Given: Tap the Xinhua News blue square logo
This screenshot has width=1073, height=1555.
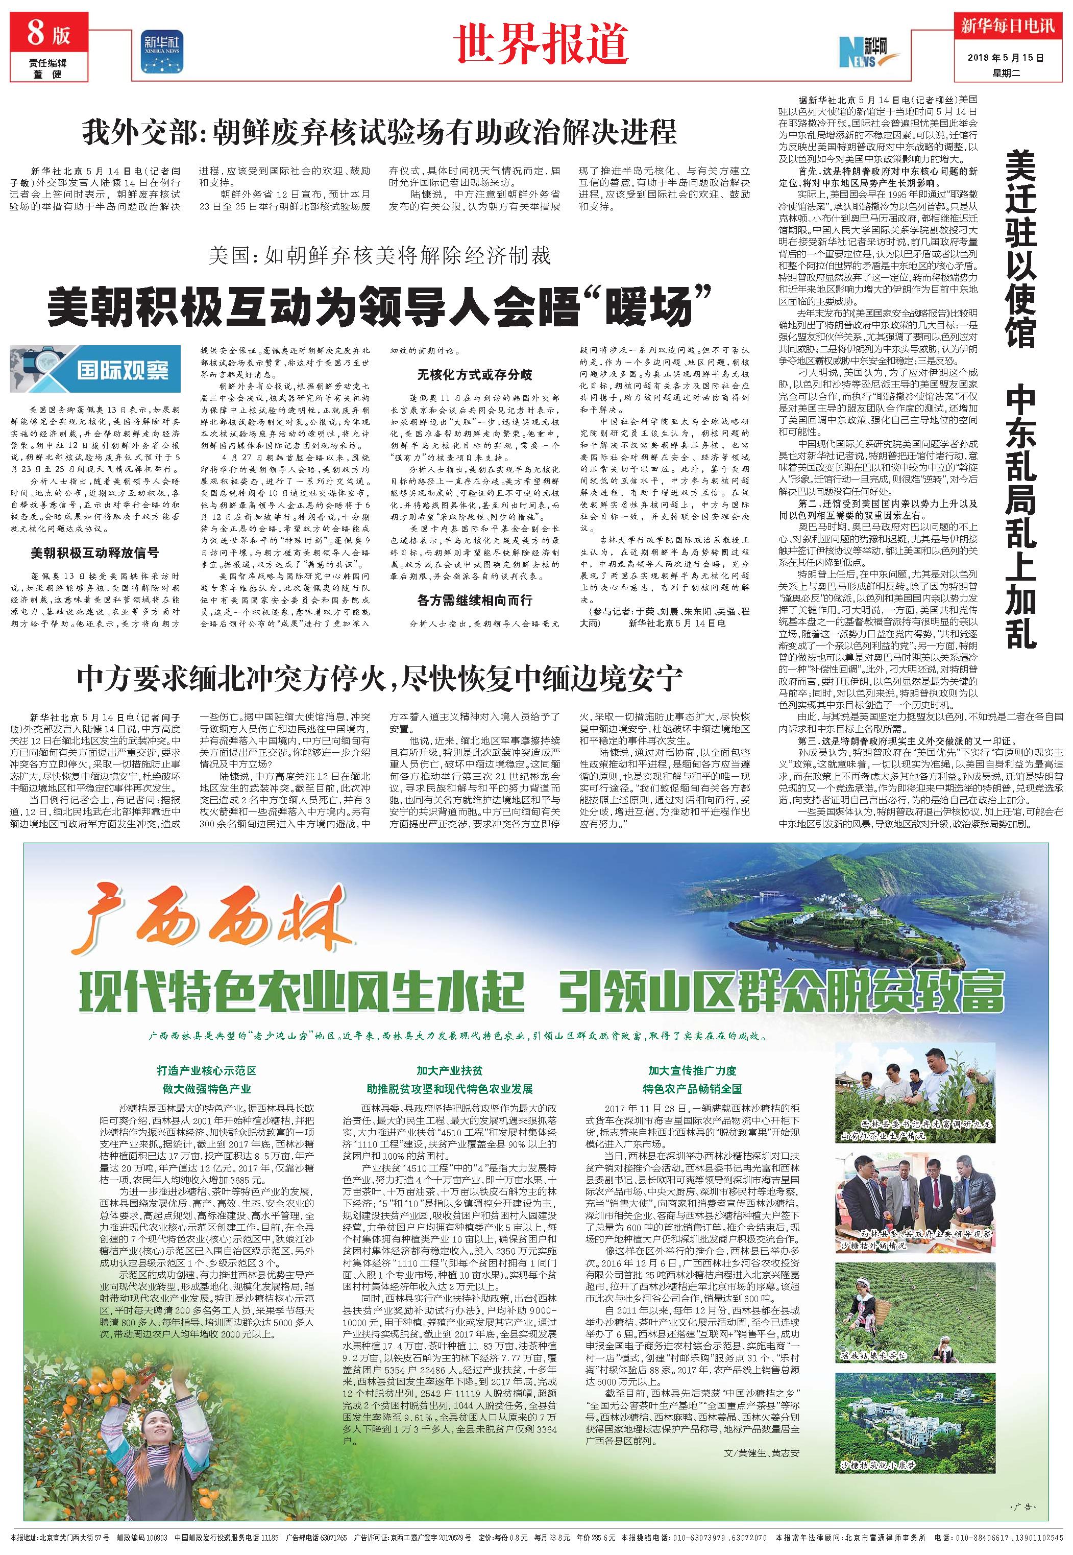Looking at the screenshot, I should point(161,51).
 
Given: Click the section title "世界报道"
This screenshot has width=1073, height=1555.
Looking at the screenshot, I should point(541,44).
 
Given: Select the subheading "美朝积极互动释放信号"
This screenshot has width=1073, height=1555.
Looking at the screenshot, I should point(95,553).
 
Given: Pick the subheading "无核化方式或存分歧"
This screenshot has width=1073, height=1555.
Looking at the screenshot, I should point(474,375).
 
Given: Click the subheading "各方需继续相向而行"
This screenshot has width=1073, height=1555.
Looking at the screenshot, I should point(474,600).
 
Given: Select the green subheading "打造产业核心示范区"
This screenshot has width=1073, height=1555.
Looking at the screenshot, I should point(206,1070).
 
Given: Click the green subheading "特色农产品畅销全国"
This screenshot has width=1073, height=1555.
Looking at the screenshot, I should point(693,1088).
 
